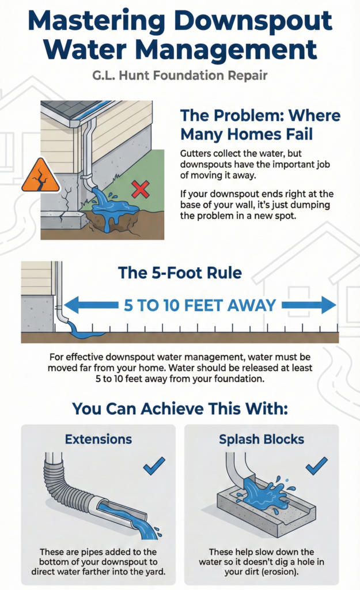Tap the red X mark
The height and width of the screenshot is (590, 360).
[x=141, y=189]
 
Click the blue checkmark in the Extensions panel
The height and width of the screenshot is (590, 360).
[x=154, y=466]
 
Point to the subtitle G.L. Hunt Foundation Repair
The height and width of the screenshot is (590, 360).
[x=180, y=75]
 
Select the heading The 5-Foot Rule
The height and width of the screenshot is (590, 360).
[x=180, y=273]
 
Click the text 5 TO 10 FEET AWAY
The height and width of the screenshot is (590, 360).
[x=200, y=305]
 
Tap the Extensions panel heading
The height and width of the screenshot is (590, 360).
[x=98, y=439]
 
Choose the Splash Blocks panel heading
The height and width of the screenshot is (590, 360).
[x=262, y=439]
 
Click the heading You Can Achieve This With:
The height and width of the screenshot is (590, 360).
[x=180, y=409]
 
